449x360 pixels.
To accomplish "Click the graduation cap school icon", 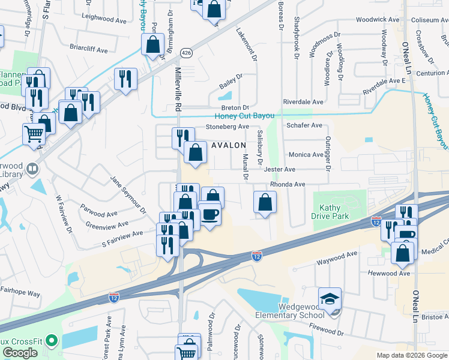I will coord(330,299).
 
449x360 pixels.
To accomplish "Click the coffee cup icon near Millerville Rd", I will coord(209,214).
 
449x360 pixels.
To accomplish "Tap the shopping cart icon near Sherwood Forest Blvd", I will coord(34,134).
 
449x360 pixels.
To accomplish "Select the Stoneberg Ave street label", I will coord(227,127).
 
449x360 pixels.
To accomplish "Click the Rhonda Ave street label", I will coord(288,184).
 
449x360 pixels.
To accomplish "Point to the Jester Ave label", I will coord(280,170).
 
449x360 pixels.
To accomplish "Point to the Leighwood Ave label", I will coord(105,19).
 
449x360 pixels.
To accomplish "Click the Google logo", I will coord(20,353).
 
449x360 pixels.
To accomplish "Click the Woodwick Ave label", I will coord(378,19).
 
